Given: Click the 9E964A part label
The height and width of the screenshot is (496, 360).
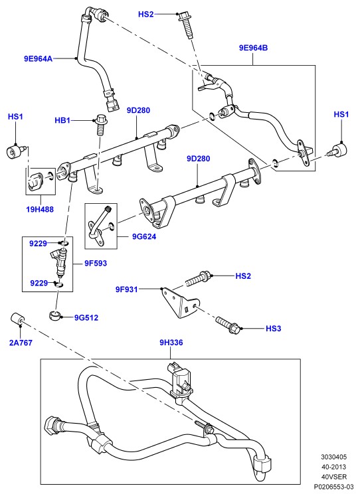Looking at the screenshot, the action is [38, 58].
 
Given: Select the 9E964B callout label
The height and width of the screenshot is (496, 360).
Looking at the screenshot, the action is [253, 48].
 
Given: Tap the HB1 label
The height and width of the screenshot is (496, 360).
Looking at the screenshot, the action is [62, 121].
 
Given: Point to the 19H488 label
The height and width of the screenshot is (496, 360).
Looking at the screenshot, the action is [40, 209].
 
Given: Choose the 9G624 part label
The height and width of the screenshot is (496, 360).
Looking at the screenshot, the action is [144, 236].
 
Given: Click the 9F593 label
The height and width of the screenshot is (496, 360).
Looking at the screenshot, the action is [96, 263].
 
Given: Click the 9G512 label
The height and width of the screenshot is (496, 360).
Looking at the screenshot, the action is [86, 317].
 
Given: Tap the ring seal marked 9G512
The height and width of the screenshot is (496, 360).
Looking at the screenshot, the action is [54, 315].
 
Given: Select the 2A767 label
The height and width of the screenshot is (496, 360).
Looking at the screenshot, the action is [21, 343].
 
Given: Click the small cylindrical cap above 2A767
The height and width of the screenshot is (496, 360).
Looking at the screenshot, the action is [17, 319].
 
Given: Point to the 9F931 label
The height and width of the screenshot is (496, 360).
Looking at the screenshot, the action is [127, 289].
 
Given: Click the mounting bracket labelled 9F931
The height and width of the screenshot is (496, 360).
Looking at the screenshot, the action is [179, 303].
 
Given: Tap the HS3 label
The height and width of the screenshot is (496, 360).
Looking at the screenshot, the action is [274, 329].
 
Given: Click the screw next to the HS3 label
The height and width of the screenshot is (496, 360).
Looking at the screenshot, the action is [228, 325].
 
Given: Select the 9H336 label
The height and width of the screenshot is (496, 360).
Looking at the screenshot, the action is [171, 343].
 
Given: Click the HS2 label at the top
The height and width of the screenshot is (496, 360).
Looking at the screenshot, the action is [146, 14].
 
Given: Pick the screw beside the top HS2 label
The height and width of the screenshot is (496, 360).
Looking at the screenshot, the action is [185, 25].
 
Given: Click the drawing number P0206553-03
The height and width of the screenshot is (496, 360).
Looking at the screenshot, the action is [333, 486].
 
